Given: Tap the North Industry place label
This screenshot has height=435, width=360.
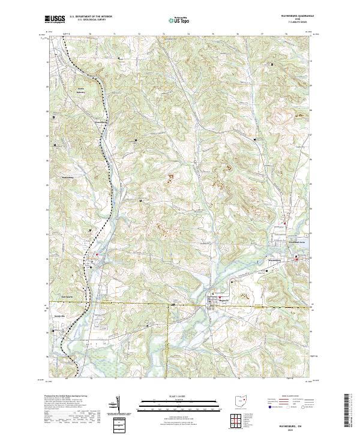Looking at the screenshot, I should [x=80, y=91].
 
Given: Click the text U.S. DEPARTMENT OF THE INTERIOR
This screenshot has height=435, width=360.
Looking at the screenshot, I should [x=91, y=17].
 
